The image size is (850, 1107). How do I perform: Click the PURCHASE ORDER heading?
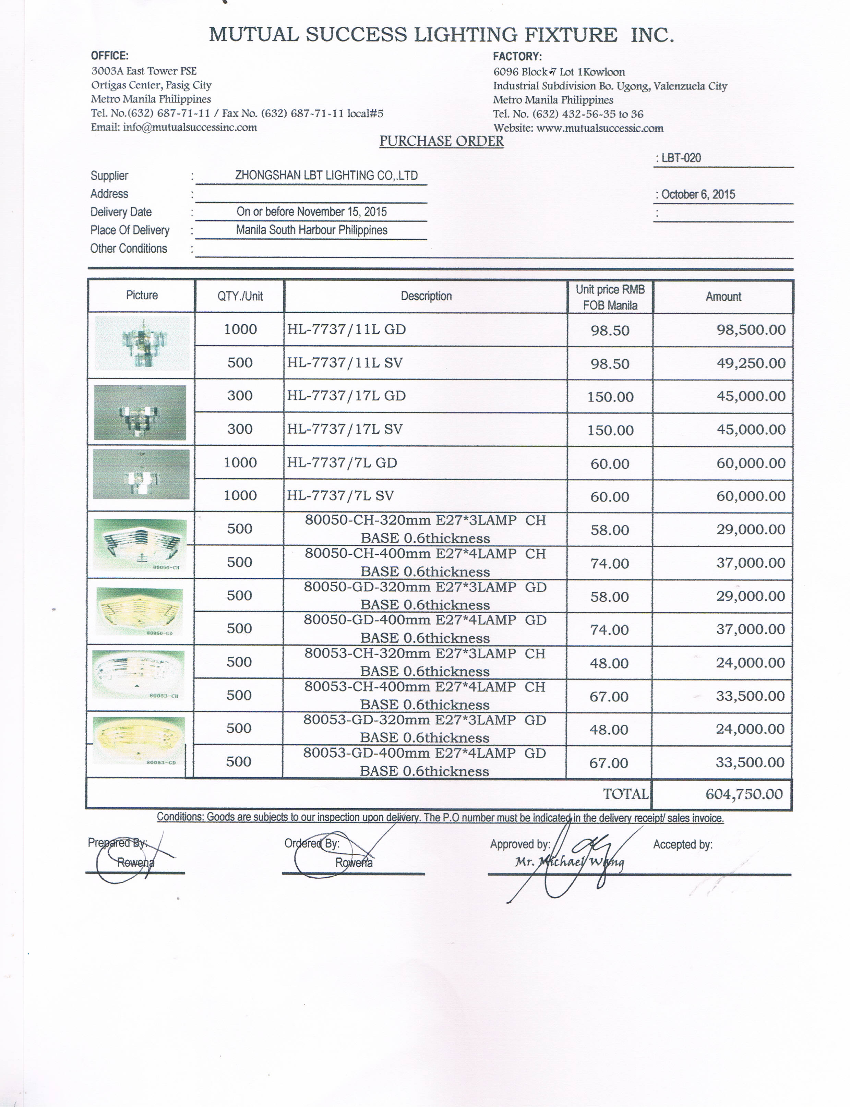click(441, 141)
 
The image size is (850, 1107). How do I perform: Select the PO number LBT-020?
click(681, 158)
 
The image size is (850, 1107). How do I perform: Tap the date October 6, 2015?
click(698, 194)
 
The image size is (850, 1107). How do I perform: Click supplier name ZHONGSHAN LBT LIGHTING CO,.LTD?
click(326, 176)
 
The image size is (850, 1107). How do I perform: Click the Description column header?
click(426, 296)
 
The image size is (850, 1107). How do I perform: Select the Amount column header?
click(723, 297)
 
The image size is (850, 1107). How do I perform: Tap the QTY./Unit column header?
click(240, 296)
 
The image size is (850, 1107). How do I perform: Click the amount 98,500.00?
click(751, 330)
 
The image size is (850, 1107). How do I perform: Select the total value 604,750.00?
click(744, 794)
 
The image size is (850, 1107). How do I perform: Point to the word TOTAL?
click(625, 794)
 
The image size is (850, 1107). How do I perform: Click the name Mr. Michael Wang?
click(569, 862)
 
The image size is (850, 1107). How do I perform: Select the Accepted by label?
click(683, 844)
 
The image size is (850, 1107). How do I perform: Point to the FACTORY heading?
click(517, 57)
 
